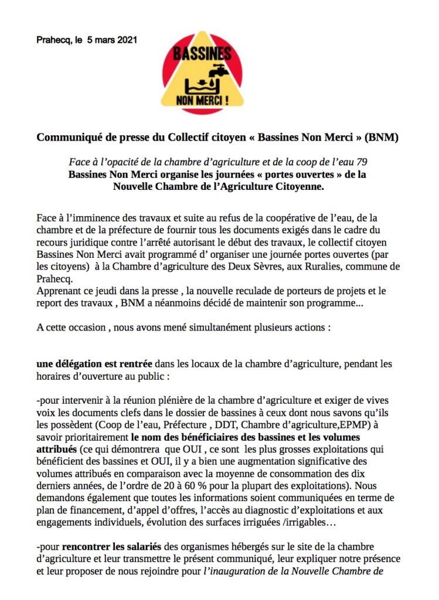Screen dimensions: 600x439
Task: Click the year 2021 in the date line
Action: (125, 40)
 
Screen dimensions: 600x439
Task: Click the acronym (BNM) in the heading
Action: (383, 138)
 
